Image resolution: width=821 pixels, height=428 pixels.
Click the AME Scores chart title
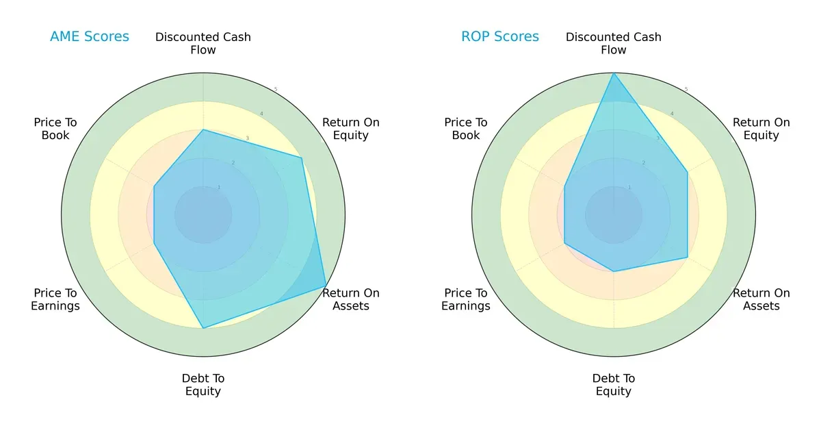(90, 37)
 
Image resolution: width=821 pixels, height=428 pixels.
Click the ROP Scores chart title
(500, 37)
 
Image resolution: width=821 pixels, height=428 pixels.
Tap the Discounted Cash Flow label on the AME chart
(203, 43)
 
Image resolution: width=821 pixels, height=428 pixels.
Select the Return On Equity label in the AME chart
(351, 129)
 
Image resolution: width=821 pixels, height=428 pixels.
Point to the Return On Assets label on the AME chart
(351, 299)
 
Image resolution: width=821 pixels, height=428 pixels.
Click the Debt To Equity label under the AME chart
(203, 385)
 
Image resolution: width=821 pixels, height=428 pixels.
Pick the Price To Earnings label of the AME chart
(55, 299)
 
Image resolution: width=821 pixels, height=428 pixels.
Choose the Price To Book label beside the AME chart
(55, 129)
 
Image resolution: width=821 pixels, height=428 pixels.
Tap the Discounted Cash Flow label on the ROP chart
(614, 43)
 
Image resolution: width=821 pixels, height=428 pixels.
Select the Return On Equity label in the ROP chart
(761, 129)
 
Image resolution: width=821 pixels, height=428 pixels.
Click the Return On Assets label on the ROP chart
(761, 299)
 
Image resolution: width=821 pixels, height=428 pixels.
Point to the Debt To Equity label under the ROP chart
(614, 385)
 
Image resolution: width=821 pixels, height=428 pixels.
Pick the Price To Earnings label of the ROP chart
(466, 299)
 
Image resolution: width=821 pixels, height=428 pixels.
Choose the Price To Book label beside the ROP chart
(466, 129)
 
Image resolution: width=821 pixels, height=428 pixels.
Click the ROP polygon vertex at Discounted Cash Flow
(614, 73)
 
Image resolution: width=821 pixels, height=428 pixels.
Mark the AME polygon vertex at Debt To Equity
(203, 328)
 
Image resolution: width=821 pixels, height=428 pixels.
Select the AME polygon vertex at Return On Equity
(301, 158)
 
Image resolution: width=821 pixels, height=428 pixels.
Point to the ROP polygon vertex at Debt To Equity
(614, 271)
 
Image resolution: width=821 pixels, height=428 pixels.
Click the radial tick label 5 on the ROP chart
(686, 90)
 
